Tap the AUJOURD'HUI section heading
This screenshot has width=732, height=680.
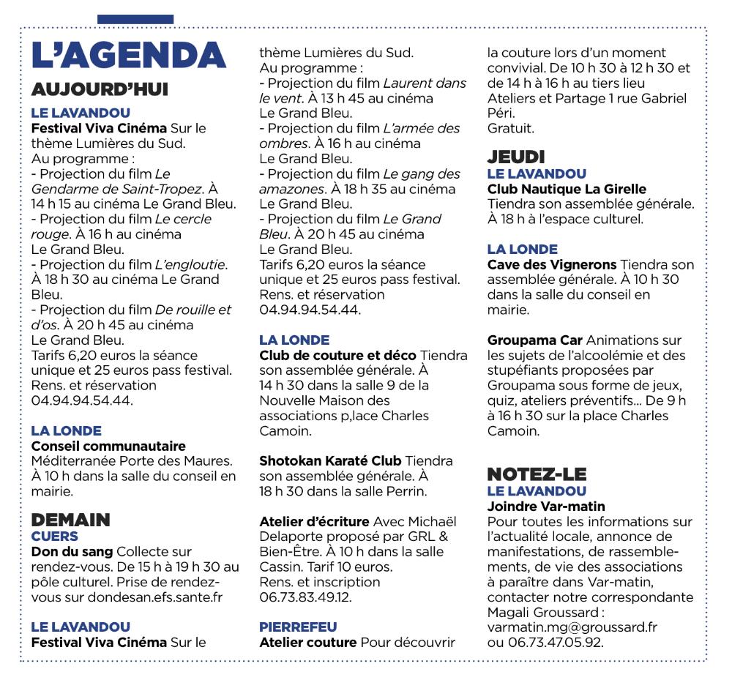pos(100,90)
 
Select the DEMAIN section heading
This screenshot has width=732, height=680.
pos(70,520)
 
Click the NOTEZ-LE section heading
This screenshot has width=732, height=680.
pos(537,474)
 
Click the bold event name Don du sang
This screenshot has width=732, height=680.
pos(72,551)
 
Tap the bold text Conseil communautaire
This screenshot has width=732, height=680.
pos(108,446)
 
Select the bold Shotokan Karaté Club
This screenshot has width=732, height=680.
pos(330,461)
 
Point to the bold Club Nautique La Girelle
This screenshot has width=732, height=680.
pos(567,189)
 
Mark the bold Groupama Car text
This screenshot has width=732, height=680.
pos(534,340)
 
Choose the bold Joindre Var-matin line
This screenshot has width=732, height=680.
pos(546,506)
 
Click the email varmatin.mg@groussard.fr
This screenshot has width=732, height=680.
pos(572,628)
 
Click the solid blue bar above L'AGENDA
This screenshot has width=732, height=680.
pos(135,18)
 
